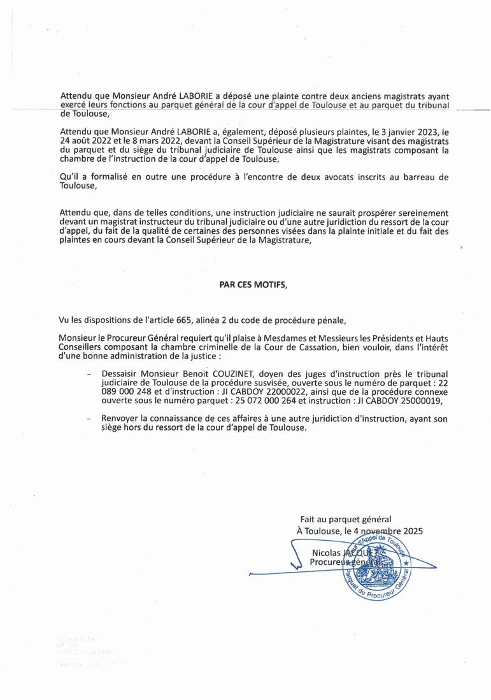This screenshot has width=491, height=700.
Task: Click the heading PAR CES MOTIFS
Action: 253,286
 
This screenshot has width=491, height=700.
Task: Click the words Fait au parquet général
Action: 345,520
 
